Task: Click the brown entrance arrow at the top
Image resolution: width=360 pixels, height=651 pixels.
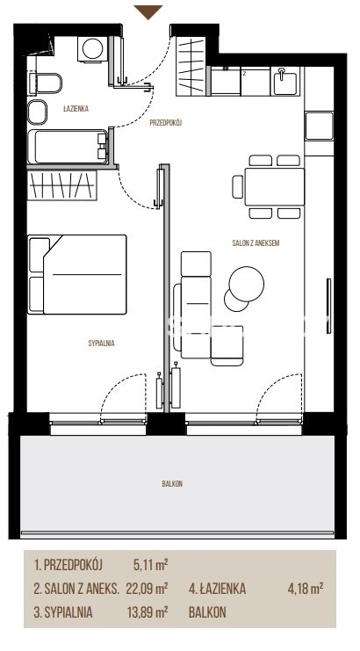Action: [x=148, y=11]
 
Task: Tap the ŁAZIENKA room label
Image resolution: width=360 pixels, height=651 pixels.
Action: [x=76, y=109]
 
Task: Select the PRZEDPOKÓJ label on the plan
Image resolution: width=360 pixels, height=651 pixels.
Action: [x=165, y=122]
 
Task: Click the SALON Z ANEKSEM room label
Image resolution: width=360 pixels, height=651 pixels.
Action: [x=255, y=242]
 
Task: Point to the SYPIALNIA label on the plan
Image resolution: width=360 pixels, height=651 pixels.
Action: [x=101, y=344]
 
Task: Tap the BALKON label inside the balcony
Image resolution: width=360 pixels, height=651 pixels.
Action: [x=172, y=484]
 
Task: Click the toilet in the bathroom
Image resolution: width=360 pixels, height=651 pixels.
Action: [x=45, y=83]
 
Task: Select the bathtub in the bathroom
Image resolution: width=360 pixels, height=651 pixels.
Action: [x=68, y=147]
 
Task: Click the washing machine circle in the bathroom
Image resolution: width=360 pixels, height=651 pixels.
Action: [x=92, y=49]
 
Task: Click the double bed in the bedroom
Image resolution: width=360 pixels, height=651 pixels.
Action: [x=77, y=274]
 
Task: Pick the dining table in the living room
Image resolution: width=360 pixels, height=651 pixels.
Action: [x=274, y=186]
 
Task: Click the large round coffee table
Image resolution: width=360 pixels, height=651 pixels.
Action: [x=247, y=284]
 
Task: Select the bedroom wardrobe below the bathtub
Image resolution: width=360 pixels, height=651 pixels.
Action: [x=61, y=184]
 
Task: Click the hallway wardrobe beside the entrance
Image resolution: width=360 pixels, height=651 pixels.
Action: [x=191, y=67]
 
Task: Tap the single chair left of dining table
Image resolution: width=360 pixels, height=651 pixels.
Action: [x=238, y=186]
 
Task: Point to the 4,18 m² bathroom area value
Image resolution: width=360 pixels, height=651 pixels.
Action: [x=306, y=589]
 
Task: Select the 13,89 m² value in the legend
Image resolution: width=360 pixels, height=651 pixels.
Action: [x=148, y=612]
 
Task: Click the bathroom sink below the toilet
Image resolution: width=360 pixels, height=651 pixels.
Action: [x=38, y=112]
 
